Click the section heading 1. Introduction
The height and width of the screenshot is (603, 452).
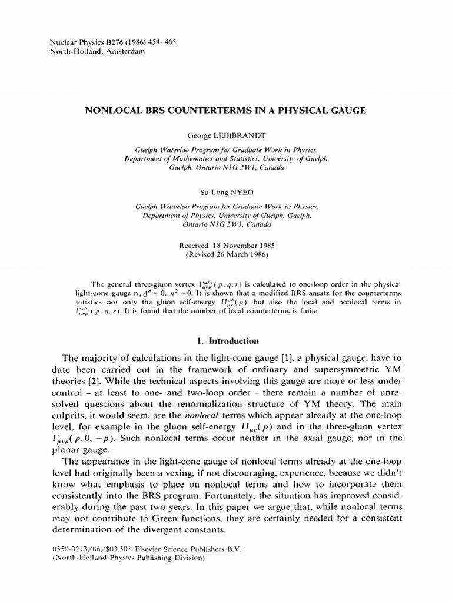pyautogui.click(x=227, y=340)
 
